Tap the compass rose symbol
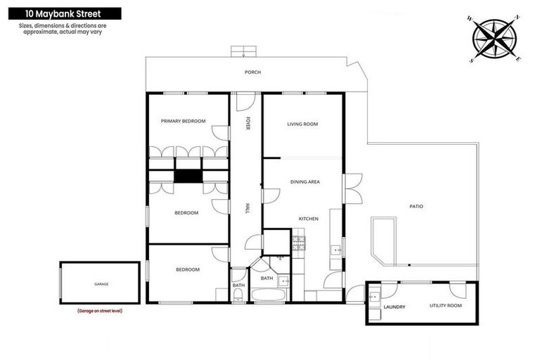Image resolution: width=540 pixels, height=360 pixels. [494, 39]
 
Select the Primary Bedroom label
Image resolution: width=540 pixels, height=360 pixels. [183, 121]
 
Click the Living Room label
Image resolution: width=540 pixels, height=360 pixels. [302, 124]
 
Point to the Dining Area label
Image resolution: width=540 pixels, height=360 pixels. [305, 181]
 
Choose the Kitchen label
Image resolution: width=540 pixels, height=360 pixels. [309, 219]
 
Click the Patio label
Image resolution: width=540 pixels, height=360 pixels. [416, 206]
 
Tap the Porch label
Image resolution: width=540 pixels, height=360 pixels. [252, 72]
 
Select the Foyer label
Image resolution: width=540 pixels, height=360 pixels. [247, 124]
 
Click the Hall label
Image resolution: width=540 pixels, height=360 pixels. [247, 208]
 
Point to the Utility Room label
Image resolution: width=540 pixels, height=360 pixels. [445, 305]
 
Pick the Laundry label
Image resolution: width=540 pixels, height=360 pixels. [394, 307]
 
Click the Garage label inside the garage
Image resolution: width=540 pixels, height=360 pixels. [101, 284]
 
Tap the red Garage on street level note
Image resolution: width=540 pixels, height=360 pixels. [99, 310]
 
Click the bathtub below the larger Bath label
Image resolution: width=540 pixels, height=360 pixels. [268, 294]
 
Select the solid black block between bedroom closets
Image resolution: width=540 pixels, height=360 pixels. [188, 176]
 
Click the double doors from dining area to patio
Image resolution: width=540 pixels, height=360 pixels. [352, 188]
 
